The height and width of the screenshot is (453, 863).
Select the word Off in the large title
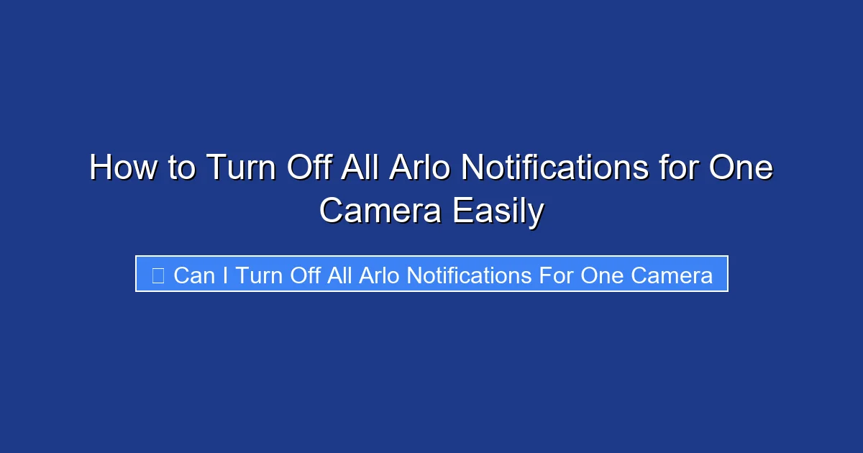point(309,168)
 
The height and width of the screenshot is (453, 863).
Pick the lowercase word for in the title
point(679,168)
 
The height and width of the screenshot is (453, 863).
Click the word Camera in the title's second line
point(379,211)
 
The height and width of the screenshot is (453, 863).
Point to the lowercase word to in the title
point(182,168)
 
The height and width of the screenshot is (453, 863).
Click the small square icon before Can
point(157,275)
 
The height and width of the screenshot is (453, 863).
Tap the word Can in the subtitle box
point(194,275)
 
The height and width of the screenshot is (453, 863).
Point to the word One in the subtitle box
point(602,275)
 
